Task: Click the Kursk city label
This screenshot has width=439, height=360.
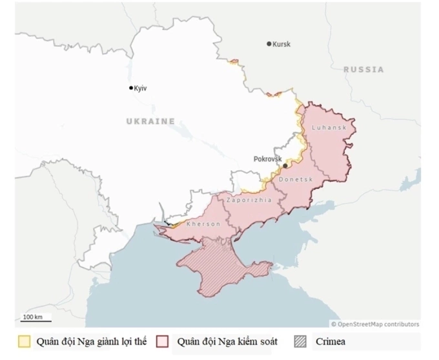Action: point(281,44)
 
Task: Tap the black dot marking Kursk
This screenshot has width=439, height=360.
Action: point(269,44)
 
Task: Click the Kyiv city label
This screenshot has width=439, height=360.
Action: point(141,88)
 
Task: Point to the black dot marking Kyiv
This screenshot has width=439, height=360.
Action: point(131,88)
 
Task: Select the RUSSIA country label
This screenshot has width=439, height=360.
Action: point(363,69)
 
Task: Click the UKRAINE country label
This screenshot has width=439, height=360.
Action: point(150,121)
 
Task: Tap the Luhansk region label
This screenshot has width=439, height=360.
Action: point(329,128)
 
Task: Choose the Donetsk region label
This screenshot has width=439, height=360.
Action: point(296,179)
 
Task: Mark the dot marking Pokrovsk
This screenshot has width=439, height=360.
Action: point(285,166)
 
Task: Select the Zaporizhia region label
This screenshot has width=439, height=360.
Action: point(249,200)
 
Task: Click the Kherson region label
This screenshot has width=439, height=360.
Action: point(203,224)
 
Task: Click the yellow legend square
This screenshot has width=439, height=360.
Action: point(25,342)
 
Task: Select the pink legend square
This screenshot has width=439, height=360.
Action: point(165,342)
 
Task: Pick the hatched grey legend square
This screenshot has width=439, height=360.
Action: point(301,342)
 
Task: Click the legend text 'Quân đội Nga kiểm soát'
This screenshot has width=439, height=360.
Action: point(228,342)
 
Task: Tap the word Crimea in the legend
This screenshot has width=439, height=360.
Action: point(332,342)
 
